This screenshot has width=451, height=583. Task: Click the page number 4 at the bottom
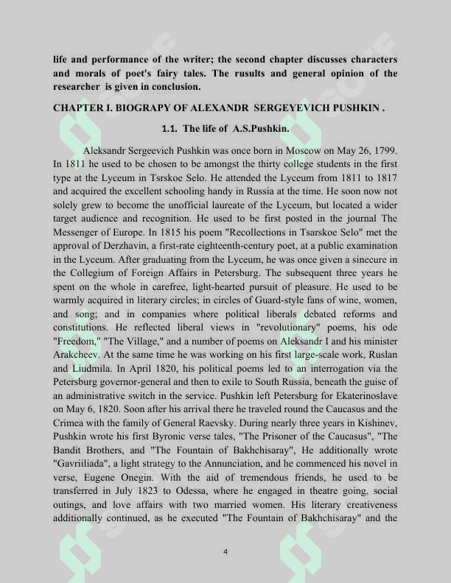tap(225, 551)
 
